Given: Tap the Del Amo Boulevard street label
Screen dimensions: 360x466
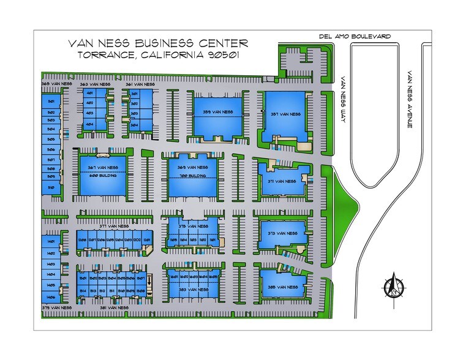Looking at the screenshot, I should click(355, 36).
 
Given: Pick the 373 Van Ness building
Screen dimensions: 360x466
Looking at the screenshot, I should click(282, 233).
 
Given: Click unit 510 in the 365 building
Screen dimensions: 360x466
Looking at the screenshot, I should click(51, 187).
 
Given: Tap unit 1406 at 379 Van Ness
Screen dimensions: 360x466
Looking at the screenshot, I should click(51, 296).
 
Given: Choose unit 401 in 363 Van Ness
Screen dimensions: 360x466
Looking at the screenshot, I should click(89, 93).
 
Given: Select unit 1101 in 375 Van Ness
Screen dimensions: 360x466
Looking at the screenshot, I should click(212, 239).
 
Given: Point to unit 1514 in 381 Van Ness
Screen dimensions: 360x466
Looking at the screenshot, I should click(82, 290).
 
